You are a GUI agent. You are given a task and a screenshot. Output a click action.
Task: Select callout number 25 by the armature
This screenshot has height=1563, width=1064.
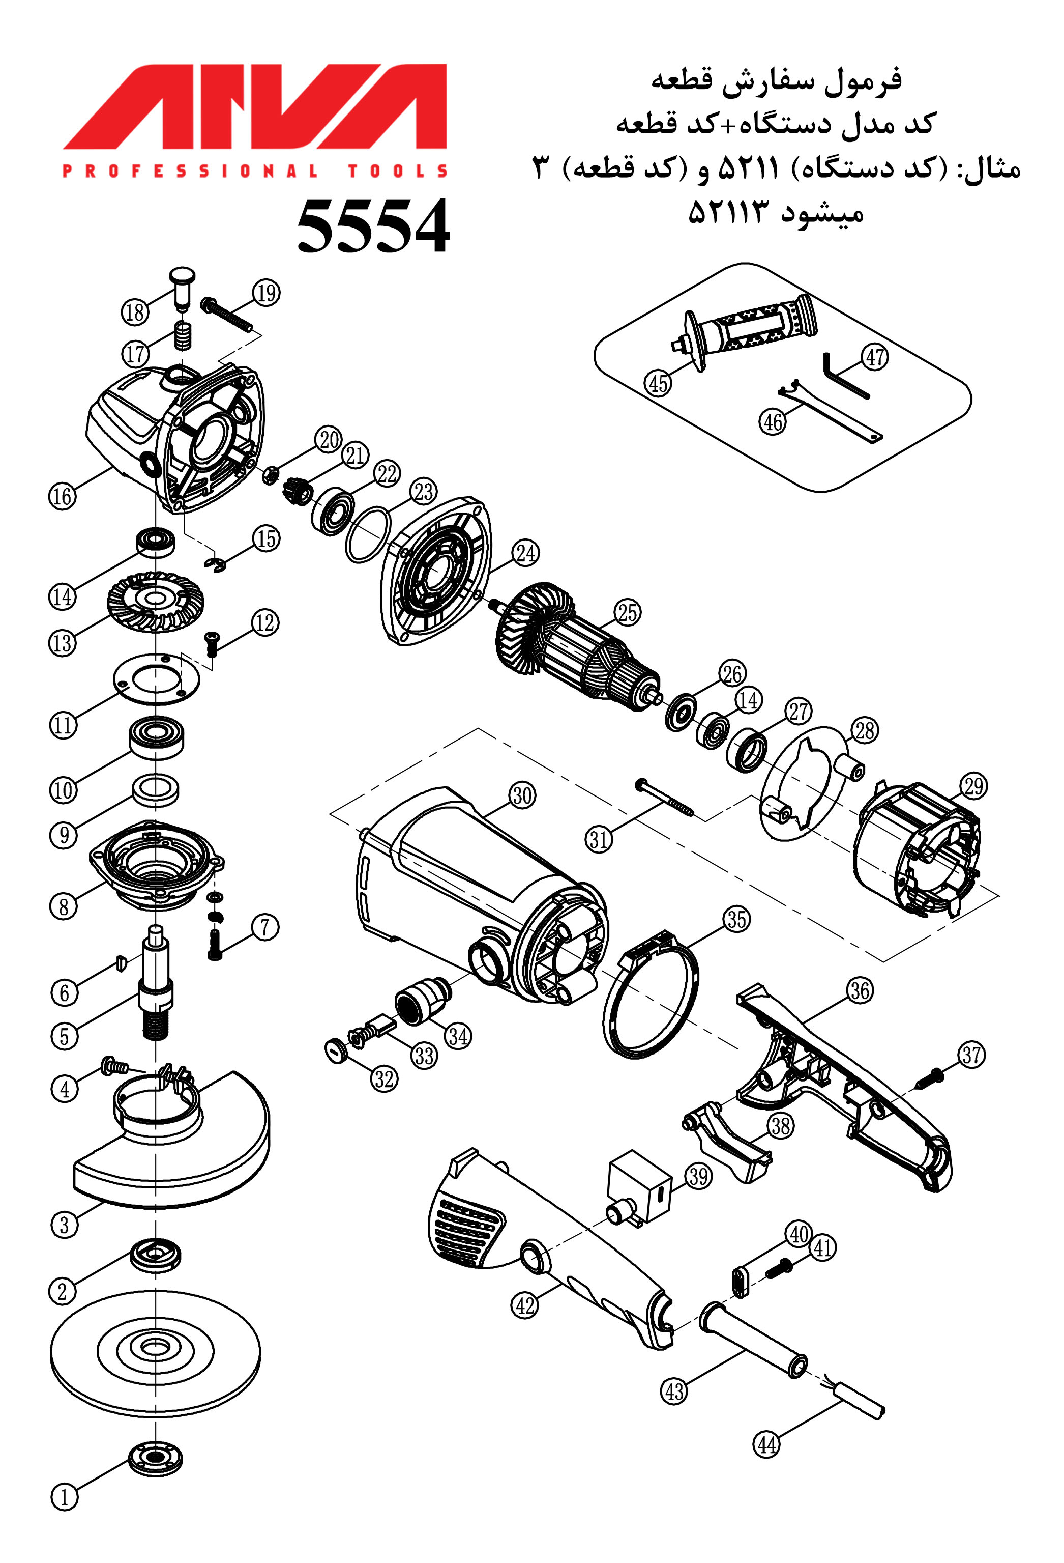627,613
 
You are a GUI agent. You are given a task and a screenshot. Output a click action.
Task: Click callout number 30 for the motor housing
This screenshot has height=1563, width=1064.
522,795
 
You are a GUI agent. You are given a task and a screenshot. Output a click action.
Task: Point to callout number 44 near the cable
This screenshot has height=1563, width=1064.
767,1444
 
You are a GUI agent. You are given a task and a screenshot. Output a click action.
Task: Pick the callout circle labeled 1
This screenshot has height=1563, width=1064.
65,1498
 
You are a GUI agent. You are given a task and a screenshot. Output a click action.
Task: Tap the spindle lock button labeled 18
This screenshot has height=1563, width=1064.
182,286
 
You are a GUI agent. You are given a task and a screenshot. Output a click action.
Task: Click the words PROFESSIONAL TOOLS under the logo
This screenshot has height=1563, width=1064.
255,171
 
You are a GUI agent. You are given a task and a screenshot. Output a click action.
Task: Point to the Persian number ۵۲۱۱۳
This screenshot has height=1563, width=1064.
727,214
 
